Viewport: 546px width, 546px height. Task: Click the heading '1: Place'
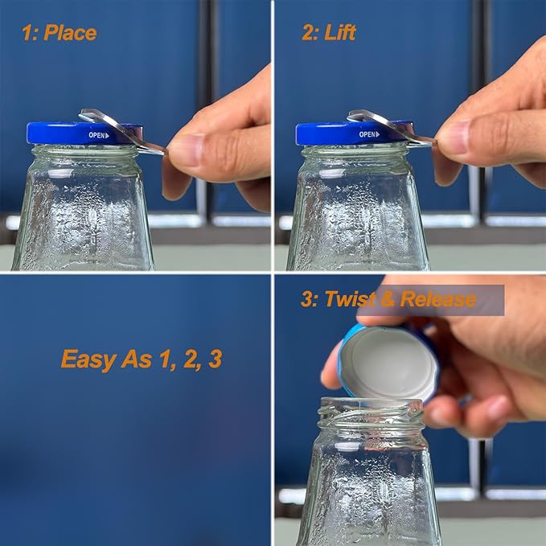[59, 33]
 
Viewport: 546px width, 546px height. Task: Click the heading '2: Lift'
[329, 33]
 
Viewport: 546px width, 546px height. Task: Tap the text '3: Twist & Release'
[388, 300]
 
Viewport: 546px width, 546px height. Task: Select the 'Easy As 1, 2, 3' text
[141, 358]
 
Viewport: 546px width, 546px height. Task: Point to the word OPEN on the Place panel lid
[96, 135]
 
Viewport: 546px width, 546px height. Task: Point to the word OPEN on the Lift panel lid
[368, 134]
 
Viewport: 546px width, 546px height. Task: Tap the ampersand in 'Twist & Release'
[387, 300]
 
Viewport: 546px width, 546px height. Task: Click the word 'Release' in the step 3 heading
[437, 300]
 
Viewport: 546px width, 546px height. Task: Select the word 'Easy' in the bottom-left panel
[86, 358]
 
